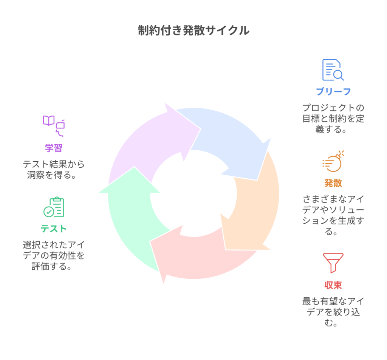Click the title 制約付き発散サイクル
193,31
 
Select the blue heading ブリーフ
333,91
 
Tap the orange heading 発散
333,183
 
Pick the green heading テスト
54,229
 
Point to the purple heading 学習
54,148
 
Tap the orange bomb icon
333,161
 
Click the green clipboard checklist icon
54,207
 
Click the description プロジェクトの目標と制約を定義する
333,118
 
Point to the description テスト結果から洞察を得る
54,170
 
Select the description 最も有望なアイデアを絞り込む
333,312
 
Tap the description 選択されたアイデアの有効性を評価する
54,256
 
